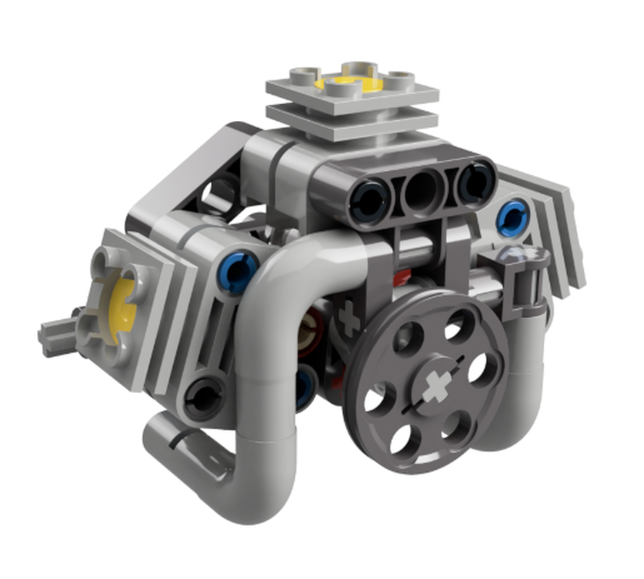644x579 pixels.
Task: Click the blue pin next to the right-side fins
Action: [513, 216]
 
